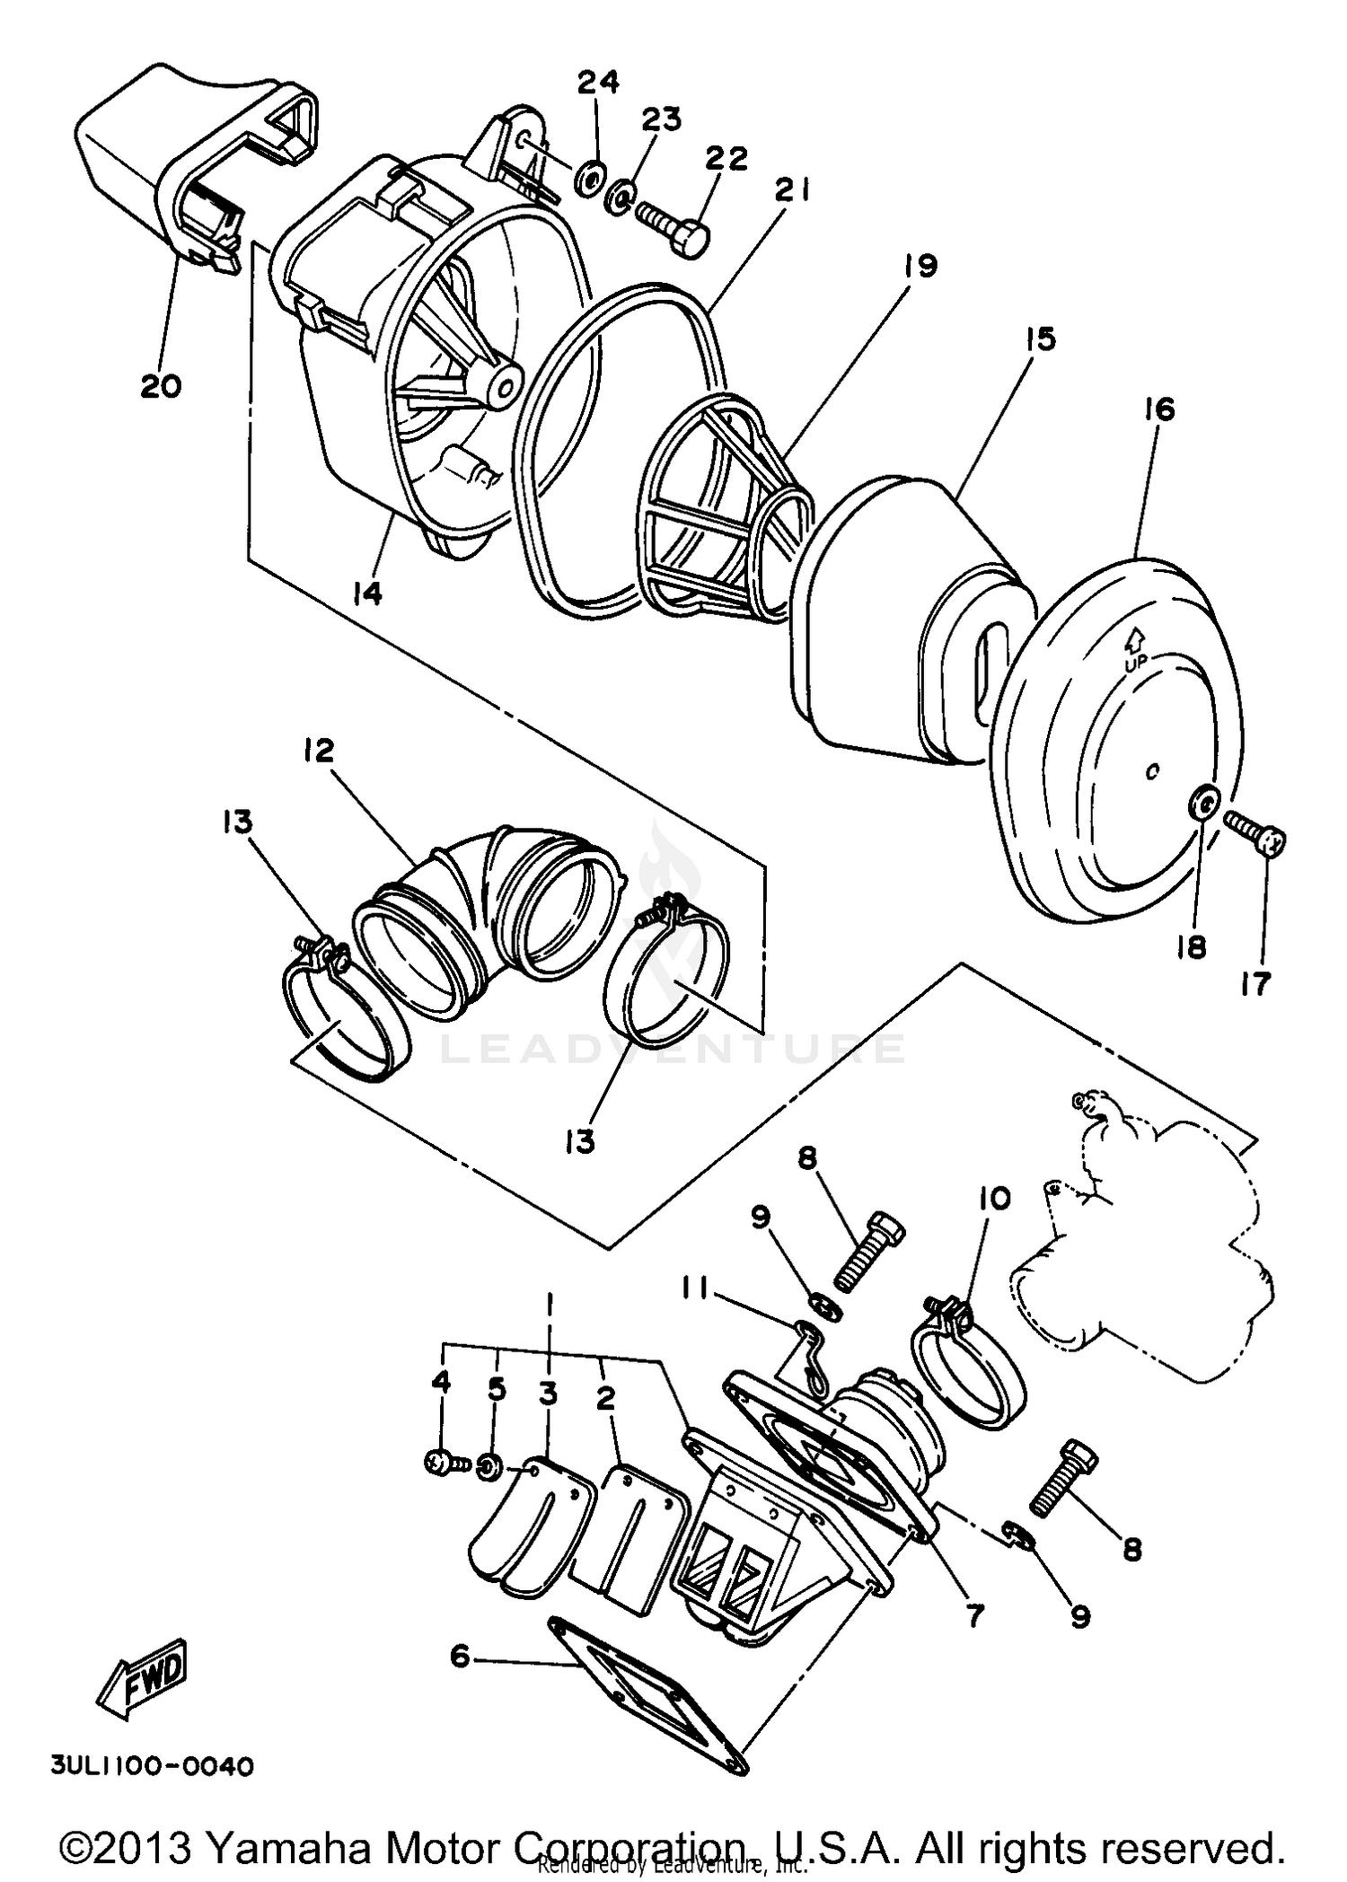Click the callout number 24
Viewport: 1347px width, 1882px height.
tap(598, 83)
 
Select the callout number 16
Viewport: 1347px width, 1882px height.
tap(1158, 409)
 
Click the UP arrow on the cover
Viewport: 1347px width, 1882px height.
tap(1134, 639)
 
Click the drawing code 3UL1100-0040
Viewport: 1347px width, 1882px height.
tap(152, 1766)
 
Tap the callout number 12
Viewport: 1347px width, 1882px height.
tap(318, 751)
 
